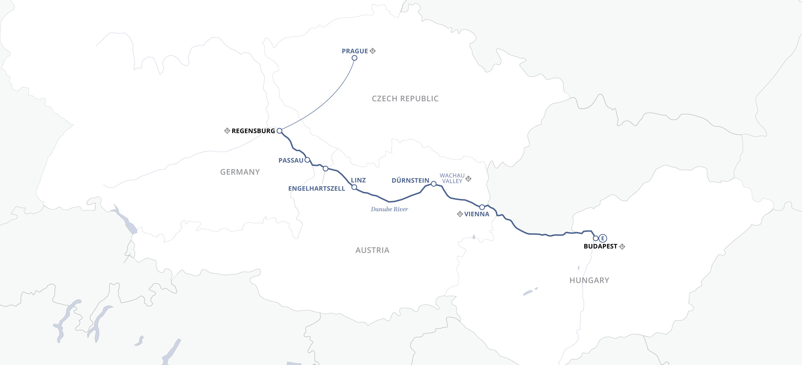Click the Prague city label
tap(355, 51)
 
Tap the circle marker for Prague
tap(355, 58)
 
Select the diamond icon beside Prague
tap(373, 51)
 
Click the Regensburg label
tap(253, 131)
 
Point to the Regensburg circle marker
tap(279, 131)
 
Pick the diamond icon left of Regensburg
tap(227, 131)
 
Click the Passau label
tap(291, 160)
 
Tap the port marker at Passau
tap(307, 160)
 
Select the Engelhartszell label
tap(317, 188)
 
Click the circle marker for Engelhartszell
tap(325, 169)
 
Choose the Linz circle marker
tap(354, 187)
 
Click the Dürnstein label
tap(410, 180)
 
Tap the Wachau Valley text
tap(452, 178)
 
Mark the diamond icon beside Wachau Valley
tap(468, 179)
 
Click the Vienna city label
tap(477, 214)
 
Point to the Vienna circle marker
tap(482, 207)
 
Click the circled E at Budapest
tap(603, 238)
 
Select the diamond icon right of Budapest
tap(622, 246)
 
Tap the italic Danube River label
tap(389, 209)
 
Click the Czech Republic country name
tap(405, 99)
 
